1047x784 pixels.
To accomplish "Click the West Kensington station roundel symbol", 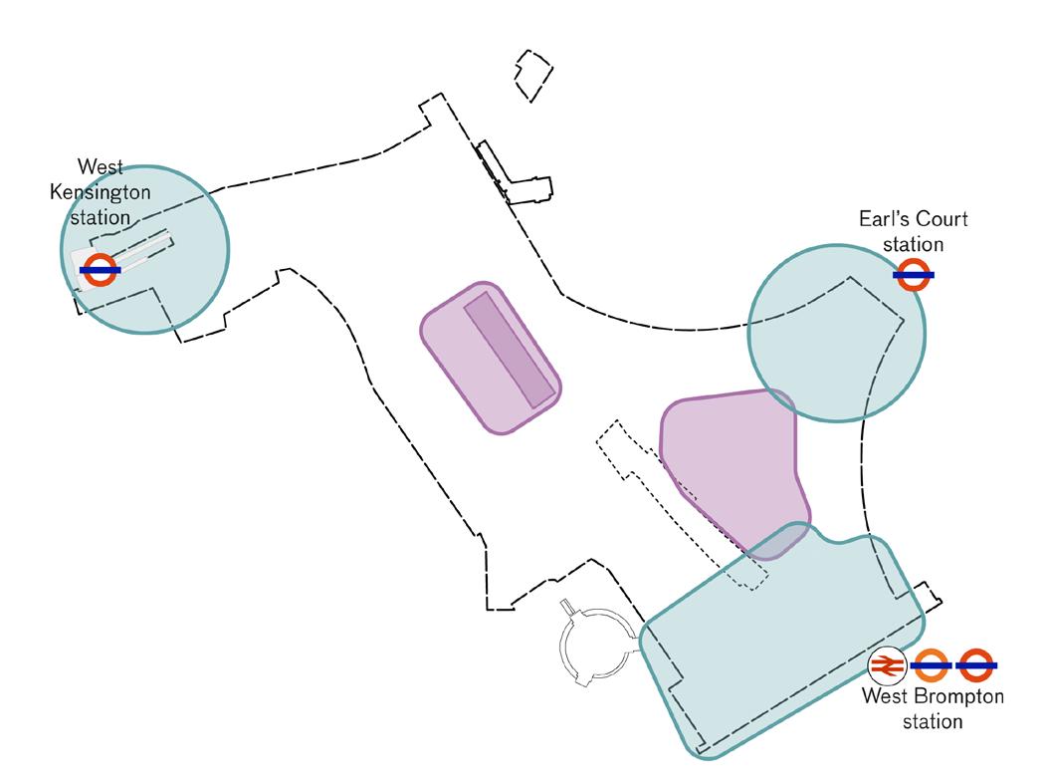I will [x=100, y=269].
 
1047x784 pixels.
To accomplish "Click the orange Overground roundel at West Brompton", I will [x=932, y=664].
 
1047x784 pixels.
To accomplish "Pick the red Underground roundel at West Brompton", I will [x=976, y=664].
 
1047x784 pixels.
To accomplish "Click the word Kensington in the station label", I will [x=92, y=192].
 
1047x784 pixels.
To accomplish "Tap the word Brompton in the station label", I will [x=954, y=697].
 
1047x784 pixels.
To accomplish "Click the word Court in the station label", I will [x=945, y=220].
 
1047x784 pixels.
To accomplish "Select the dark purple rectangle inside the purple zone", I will [x=509, y=349].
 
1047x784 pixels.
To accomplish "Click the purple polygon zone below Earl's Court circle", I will [x=732, y=458].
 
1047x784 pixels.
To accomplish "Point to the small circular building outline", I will [x=594, y=647].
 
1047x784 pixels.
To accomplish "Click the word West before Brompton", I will [x=882, y=697].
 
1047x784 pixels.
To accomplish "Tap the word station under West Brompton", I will [x=933, y=720].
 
